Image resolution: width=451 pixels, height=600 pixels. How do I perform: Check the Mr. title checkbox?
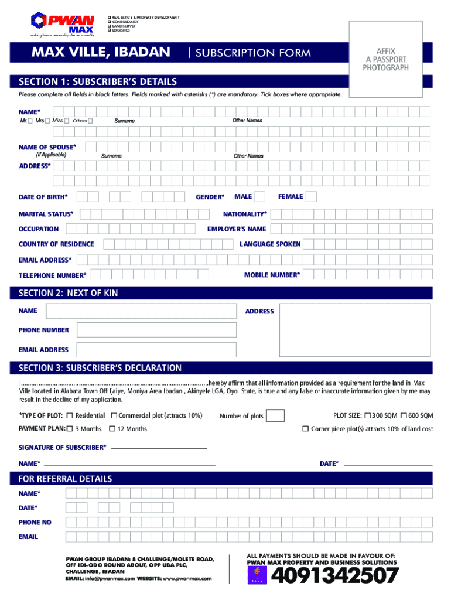[x=30, y=121]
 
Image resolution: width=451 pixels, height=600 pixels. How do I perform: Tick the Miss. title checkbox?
[x=67, y=121]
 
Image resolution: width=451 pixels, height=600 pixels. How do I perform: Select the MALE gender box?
[x=259, y=196]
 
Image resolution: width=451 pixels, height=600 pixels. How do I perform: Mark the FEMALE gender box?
[x=312, y=196]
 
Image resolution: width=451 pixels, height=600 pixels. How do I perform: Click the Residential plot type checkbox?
[x=70, y=415]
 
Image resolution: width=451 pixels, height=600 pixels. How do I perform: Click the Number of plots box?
[x=276, y=415]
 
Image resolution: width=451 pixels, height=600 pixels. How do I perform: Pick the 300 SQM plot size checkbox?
[x=367, y=415]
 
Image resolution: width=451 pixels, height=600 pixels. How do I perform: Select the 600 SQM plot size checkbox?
[x=404, y=415]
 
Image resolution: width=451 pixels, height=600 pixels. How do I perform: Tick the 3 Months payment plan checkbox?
[x=70, y=429]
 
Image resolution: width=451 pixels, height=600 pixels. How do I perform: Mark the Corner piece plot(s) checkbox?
[x=305, y=429]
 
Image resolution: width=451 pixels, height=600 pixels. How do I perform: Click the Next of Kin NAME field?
[x=141, y=312]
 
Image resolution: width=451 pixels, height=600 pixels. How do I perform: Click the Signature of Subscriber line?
[x=158, y=448]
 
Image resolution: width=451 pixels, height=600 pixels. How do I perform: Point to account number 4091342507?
[x=335, y=577]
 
